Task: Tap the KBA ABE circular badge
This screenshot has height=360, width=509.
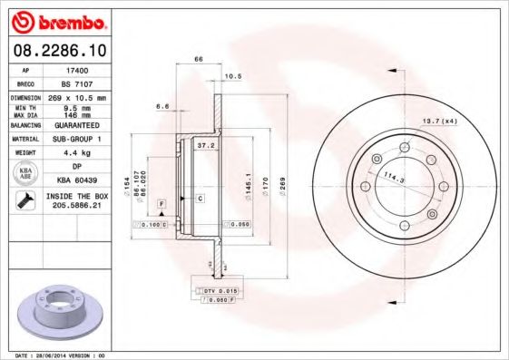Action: click(x=25, y=174)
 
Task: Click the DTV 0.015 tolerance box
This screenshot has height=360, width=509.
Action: click(x=219, y=289)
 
